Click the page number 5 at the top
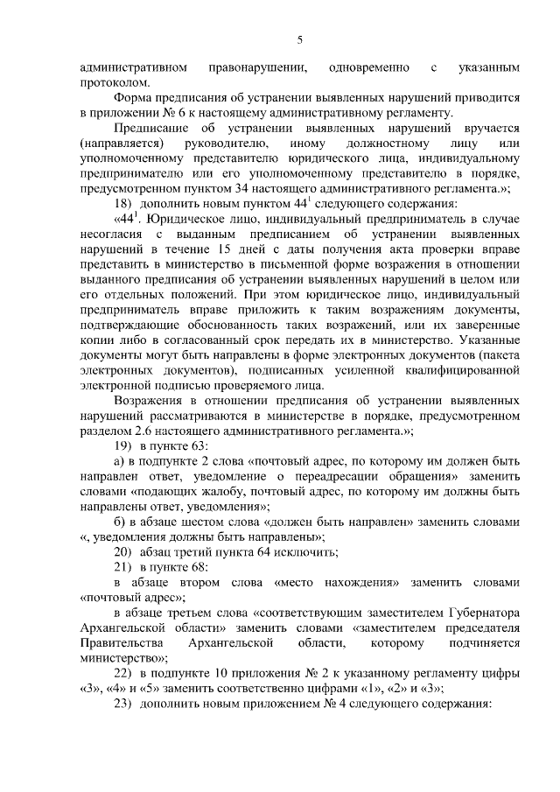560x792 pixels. (299, 39)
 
